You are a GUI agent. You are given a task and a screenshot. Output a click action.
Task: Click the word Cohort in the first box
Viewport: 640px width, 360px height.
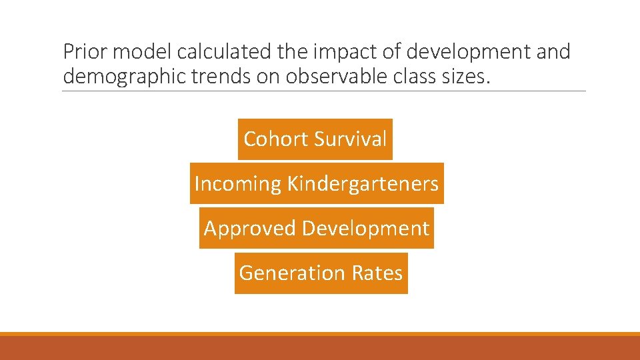click(276, 139)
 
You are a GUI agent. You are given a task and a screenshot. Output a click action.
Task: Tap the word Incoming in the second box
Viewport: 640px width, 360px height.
click(237, 183)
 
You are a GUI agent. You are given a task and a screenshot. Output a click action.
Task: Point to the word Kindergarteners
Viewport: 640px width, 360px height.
click(363, 183)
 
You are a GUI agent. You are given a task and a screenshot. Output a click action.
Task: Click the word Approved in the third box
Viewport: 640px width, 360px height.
click(250, 228)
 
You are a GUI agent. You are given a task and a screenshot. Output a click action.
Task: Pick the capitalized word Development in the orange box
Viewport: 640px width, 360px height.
click(365, 229)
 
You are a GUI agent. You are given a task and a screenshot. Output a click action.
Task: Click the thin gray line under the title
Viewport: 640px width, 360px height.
click(324, 91)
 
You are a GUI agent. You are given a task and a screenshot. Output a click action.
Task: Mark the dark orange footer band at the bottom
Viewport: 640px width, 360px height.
click(320, 348)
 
